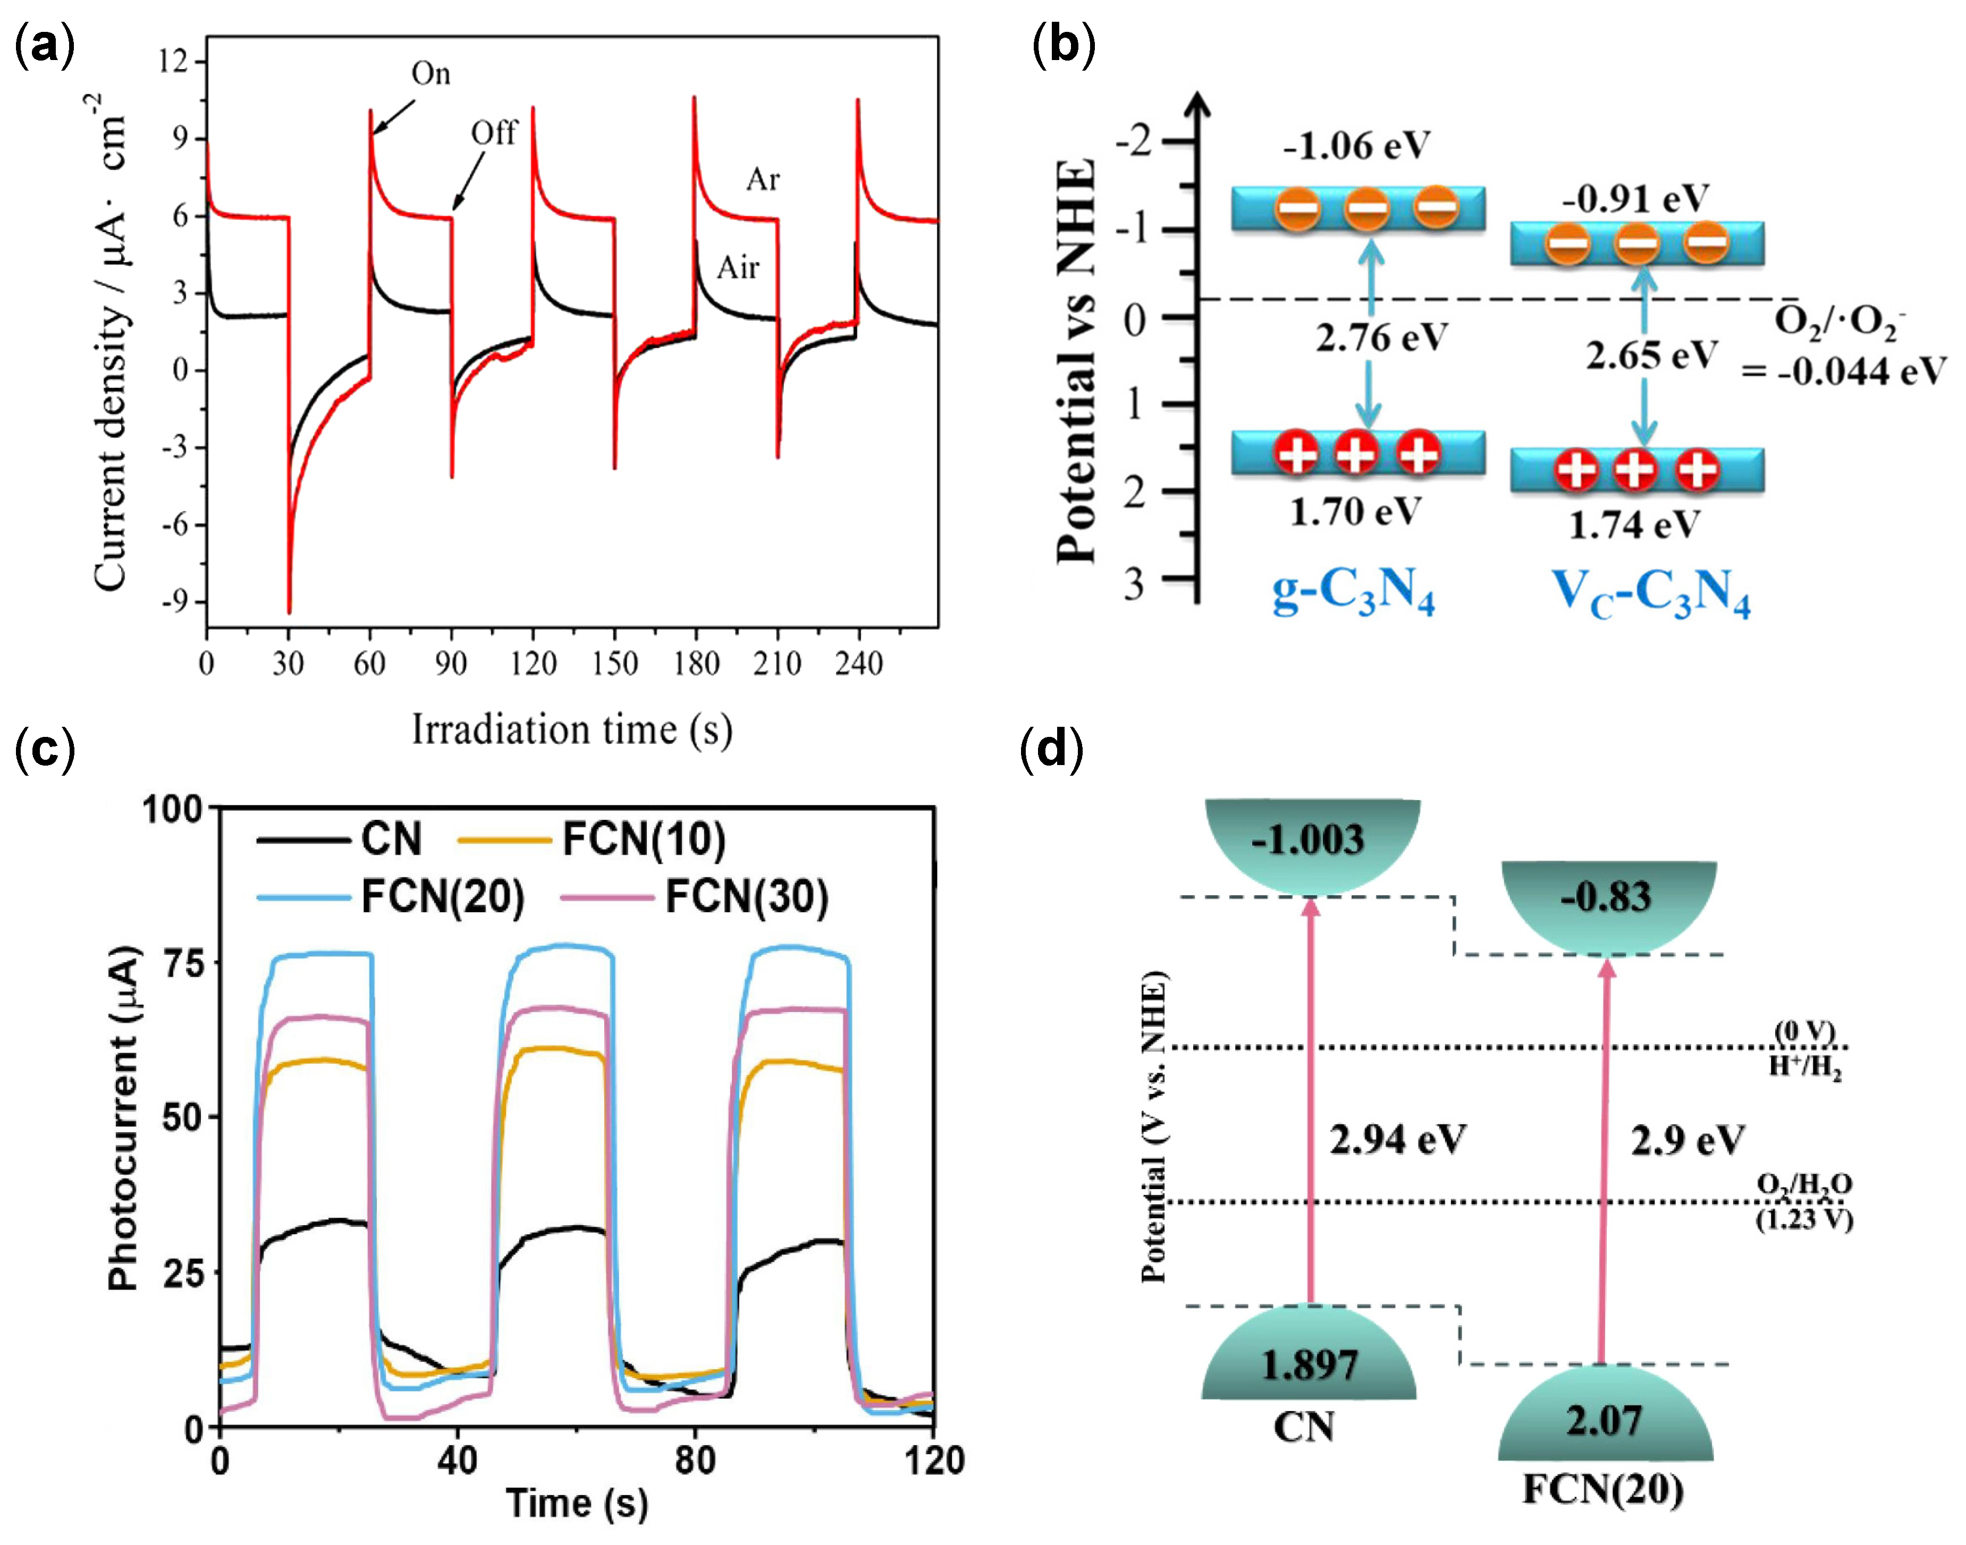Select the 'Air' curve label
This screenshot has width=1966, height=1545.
click(x=737, y=268)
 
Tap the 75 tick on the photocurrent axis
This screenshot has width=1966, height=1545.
click(x=182, y=963)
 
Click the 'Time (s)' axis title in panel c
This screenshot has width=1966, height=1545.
click(x=576, y=1502)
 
